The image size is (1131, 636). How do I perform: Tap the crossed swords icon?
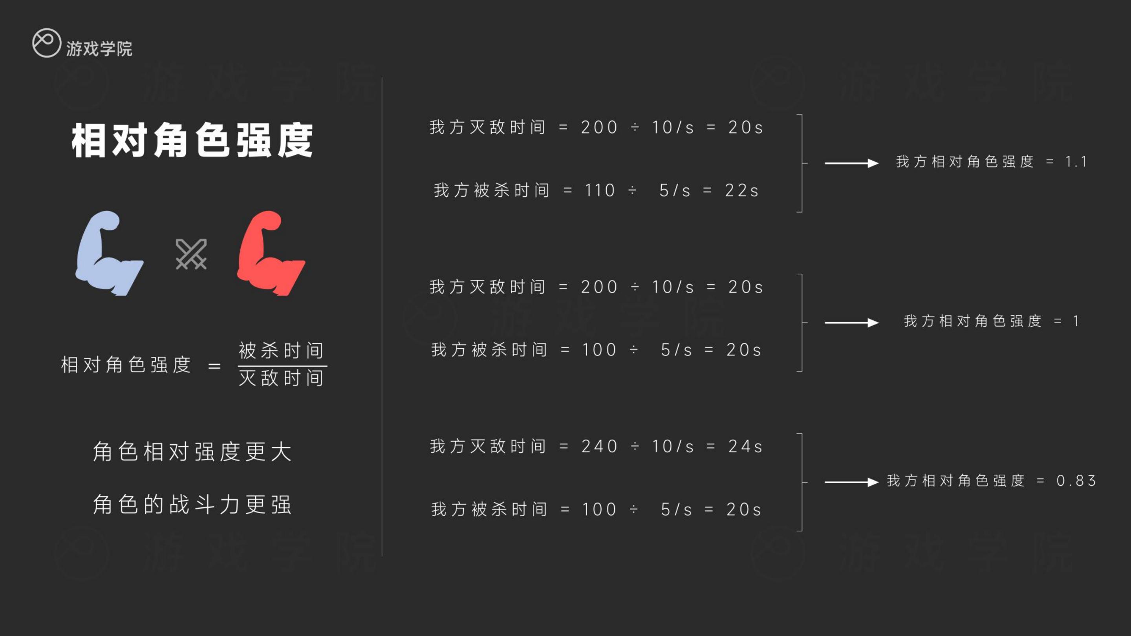tap(191, 254)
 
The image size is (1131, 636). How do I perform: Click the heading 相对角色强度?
tap(192, 140)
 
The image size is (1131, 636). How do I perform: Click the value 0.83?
tap(1076, 481)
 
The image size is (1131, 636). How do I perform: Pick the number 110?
tap(600, 190)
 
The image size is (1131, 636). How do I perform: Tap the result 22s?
tap(741, 190)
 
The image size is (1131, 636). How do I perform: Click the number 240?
tap(600, 446)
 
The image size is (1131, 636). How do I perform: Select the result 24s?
tap(745, 446)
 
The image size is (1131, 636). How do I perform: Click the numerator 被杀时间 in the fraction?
tap(281, 350)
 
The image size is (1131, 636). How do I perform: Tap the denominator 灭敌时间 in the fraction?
tap(281, 377)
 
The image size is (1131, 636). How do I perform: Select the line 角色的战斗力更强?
tap(192, 504)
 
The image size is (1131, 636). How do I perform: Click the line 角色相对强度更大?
tap(192, 451)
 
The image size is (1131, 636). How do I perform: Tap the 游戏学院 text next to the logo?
tap(99, 49)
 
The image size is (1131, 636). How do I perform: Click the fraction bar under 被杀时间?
tap(282, 366)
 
